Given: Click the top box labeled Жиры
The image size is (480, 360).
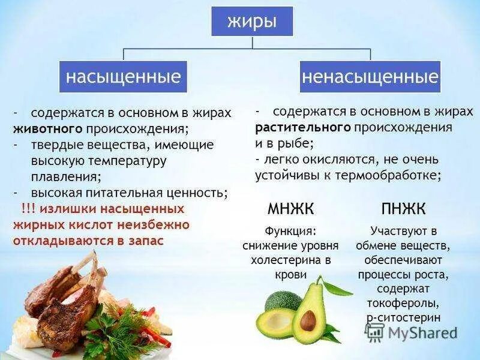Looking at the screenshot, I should pyautogui.click(x=252, y=22).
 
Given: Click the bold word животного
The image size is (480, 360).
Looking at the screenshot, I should pyautogui.click(x=47, y=128).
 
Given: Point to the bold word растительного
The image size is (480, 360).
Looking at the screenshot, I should pyautogui.click(x=302, y=127).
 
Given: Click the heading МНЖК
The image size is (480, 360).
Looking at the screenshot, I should pyautogui.click(x=290, y=209).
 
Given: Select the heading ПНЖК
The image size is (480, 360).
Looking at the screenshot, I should pyautogui.click(x=403, y=209).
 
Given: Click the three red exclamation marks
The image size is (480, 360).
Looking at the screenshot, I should pyautogui.click(x=29, y=209).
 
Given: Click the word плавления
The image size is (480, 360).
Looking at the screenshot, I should pyautogui.click(x=66, y=177).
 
